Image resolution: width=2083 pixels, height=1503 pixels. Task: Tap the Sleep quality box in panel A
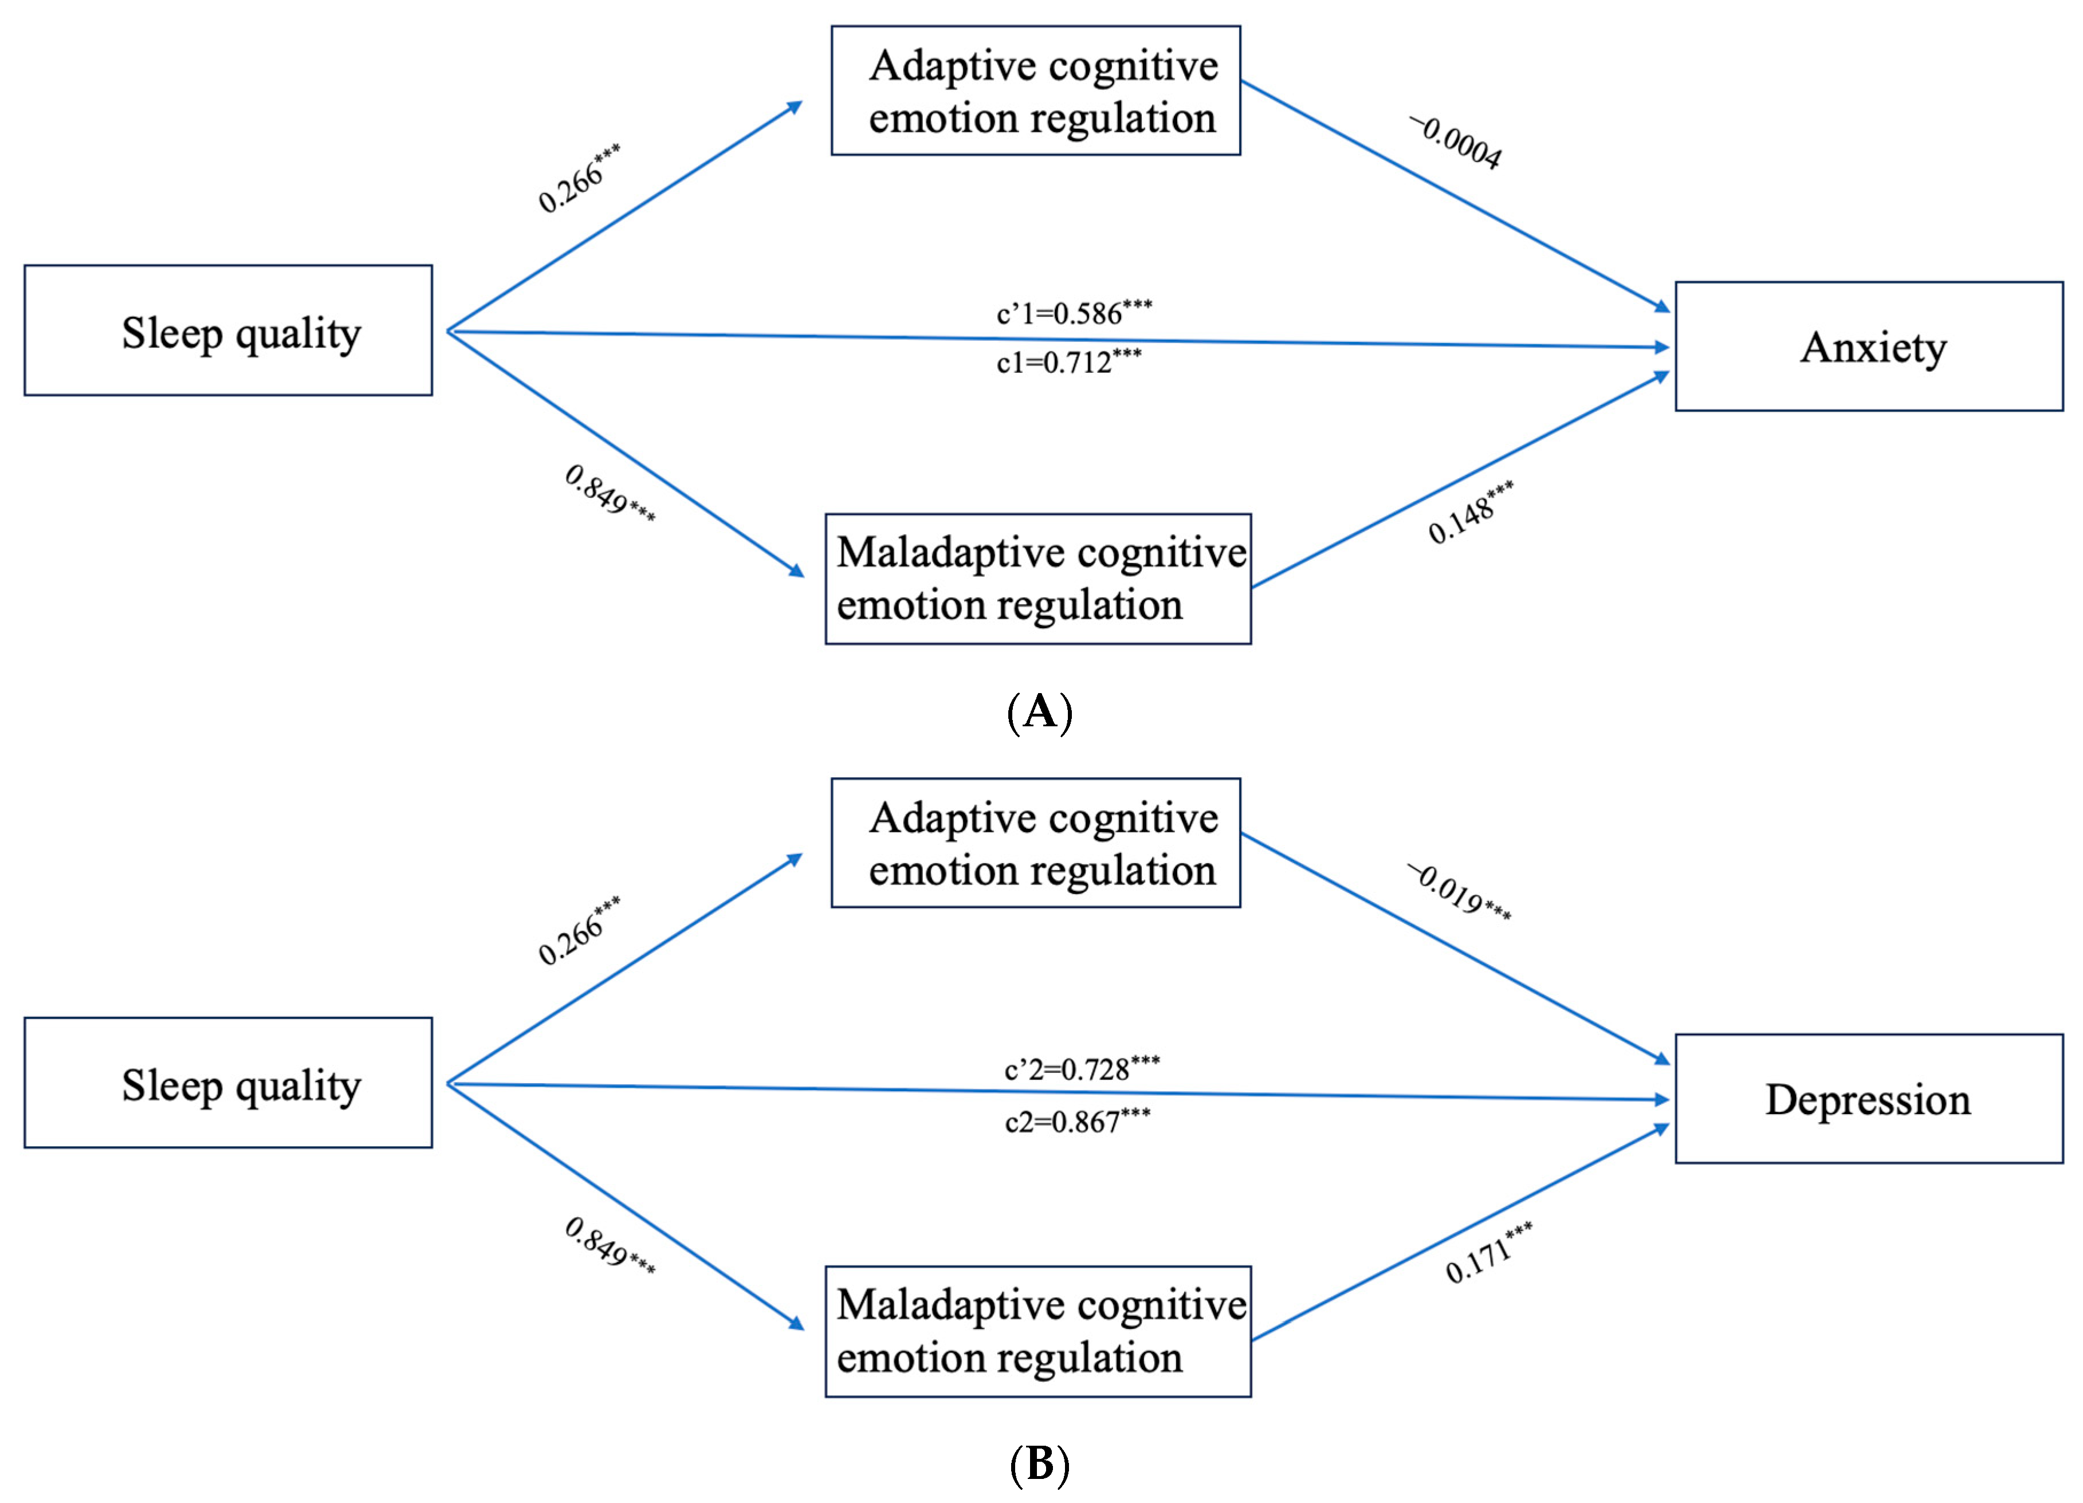tap(228, 330)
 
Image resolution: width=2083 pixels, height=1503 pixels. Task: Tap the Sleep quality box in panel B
tap(228, 1083)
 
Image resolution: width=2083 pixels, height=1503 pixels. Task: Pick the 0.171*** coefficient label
tap(1488, 1253)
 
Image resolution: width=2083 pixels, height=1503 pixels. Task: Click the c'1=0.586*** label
tap(1074, 313)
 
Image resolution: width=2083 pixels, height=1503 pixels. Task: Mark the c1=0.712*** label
tap(1068, 362)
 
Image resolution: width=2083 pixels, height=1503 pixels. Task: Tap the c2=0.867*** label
tap(1076, 1121)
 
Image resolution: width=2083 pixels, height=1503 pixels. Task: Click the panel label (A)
tap(1040, 711)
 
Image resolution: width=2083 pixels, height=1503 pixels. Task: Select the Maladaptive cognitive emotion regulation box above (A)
tap(1038, 579)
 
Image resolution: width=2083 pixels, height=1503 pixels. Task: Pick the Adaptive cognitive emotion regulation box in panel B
tap(1035, 843)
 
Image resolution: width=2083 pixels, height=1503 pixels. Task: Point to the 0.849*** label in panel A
tap(609, 494)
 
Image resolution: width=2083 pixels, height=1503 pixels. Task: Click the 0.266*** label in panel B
tap(579, 931)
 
